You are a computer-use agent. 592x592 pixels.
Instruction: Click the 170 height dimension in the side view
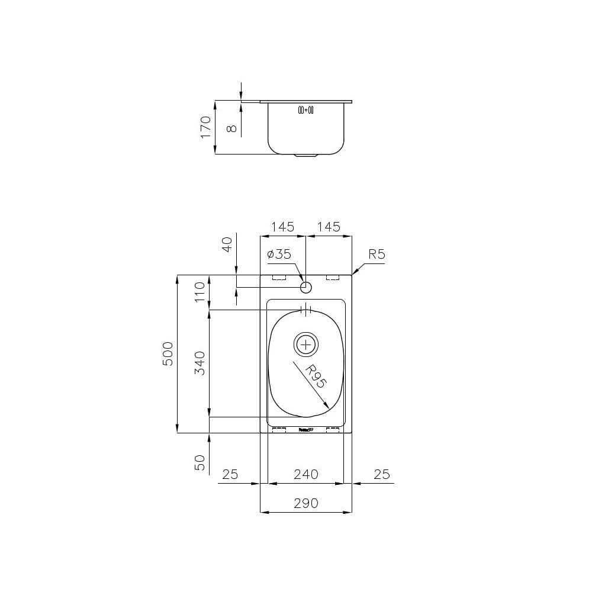click(x=206, y=127)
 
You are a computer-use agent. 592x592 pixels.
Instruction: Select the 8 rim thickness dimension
click(x=231, y=127)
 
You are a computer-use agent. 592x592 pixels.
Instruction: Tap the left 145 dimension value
click(x=283, y=227)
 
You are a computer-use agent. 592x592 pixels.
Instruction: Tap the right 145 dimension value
click(x=329, y=227)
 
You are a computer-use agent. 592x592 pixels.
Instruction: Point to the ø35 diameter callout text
click(x=279, y=254)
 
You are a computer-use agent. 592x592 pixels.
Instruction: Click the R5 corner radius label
click(x=377, y=255)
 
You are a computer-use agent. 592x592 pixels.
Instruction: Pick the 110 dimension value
click(x=200, y=292)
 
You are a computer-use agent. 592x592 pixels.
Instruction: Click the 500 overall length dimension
click(x=168, y=353)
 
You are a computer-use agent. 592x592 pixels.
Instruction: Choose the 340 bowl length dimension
click(x=200, y=363)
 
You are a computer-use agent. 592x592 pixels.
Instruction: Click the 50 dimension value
click(x=200, y=462)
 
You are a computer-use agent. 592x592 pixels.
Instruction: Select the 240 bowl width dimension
click(x=306, y=474)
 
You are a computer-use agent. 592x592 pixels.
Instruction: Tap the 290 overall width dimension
click(x=306, y=503)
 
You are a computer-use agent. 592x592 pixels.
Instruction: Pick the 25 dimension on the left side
click(x=230, y=474)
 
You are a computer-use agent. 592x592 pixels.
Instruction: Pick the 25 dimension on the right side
click(x=382, y=474)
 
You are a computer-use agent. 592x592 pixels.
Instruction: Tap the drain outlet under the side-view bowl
click(x=306, y=156)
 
